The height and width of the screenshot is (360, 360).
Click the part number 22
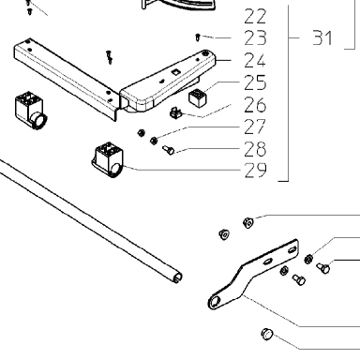(x=255, y=16)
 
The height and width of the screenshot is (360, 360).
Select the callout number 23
(x=255, y=37)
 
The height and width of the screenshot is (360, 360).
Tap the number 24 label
(x=255, y=60)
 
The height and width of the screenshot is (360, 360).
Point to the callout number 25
(x=255, y=82)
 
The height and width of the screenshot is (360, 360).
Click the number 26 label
(x=255, y=105)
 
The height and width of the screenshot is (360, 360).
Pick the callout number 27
(x=255, y=127)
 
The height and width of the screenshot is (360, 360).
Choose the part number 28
(x=255, y=149)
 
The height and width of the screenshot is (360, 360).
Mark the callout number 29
(x=255, y=171)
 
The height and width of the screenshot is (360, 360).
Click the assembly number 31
(x=322, y=37)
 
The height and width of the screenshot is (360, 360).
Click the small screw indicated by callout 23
(x=198, y=37)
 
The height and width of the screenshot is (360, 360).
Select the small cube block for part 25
(x=198, y=97)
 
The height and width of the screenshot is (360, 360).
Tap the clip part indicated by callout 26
(x=176, y=113)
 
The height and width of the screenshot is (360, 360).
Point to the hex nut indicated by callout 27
(x=154, y=141)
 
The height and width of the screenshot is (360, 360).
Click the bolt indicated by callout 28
(x=168, y=150)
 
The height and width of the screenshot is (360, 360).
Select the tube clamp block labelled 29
(x=108, y=160)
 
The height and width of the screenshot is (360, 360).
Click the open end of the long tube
(x=177, y=277)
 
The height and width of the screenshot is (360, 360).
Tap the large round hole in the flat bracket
(x=215, y=302)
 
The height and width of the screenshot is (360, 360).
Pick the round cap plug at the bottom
(x=267, y=334)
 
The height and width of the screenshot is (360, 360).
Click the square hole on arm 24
(x=175, y=72)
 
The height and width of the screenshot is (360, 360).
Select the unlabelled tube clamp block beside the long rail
(x=30, y=111)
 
